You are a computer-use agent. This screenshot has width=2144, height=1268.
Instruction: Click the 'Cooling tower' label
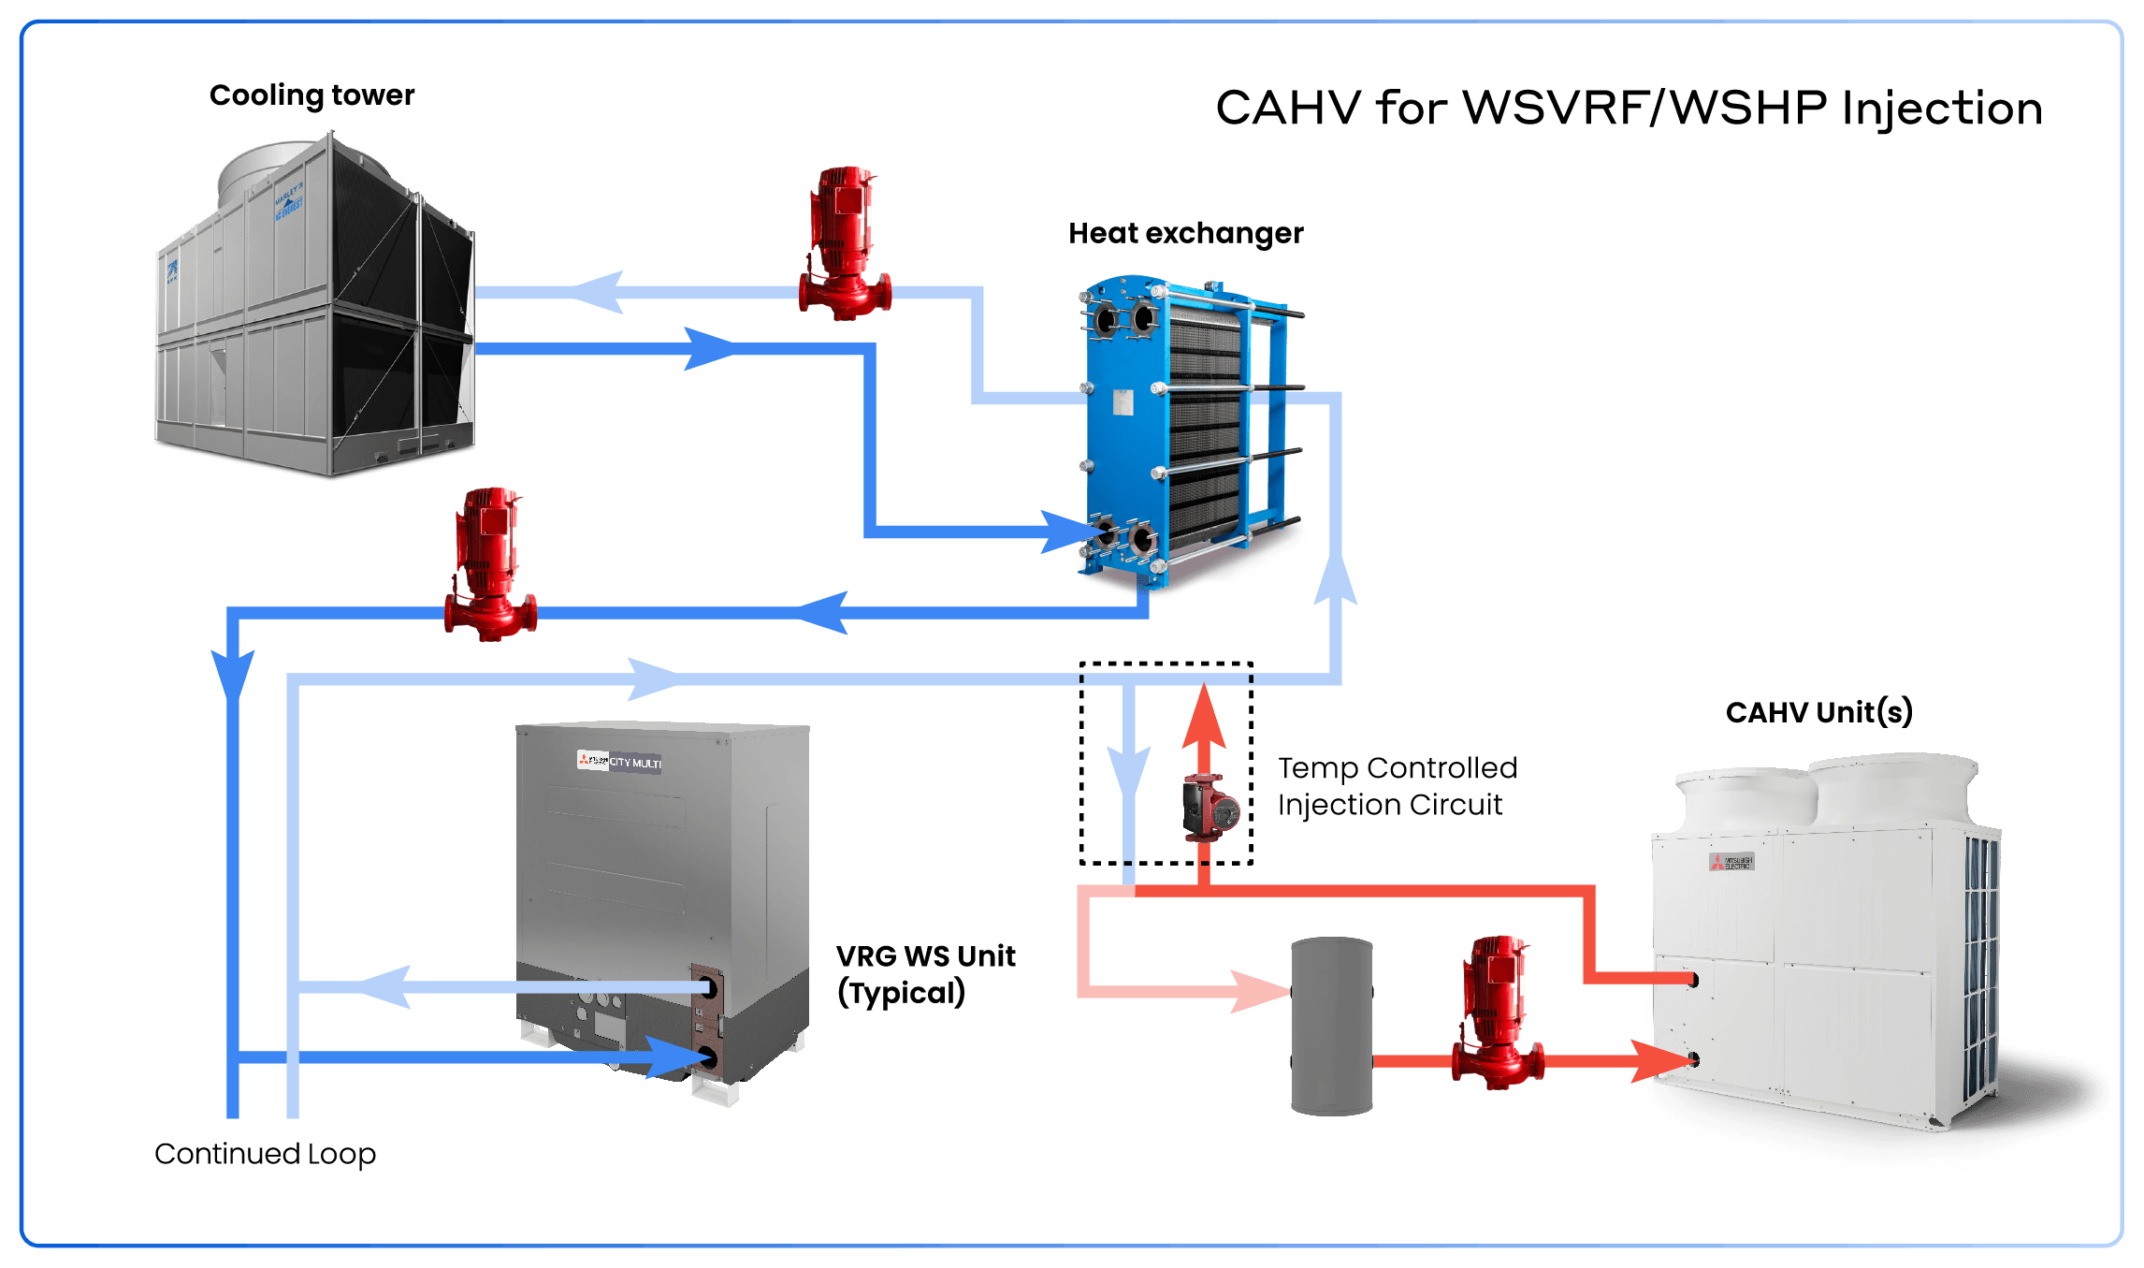311,95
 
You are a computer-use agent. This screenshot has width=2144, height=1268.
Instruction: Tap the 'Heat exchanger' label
1185,233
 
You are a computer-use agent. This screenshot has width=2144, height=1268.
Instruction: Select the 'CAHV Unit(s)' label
1818,712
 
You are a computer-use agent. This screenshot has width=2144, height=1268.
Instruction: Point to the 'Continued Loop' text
265,1154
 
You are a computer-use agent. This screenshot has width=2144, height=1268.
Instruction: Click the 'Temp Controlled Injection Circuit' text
1397,786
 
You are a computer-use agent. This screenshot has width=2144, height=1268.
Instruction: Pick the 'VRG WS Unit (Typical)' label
925,974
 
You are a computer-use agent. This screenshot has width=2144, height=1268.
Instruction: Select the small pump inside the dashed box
1210,808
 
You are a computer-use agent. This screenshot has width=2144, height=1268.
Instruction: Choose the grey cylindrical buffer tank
1331,1026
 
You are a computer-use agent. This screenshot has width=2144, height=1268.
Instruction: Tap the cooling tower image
304,304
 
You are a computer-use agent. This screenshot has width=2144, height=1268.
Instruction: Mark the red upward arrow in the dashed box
1204,716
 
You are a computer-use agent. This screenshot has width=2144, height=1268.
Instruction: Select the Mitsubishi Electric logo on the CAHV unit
1731,862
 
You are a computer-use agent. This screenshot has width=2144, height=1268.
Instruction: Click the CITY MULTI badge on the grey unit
619,762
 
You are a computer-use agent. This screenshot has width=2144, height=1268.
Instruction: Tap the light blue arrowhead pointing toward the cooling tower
599,293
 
